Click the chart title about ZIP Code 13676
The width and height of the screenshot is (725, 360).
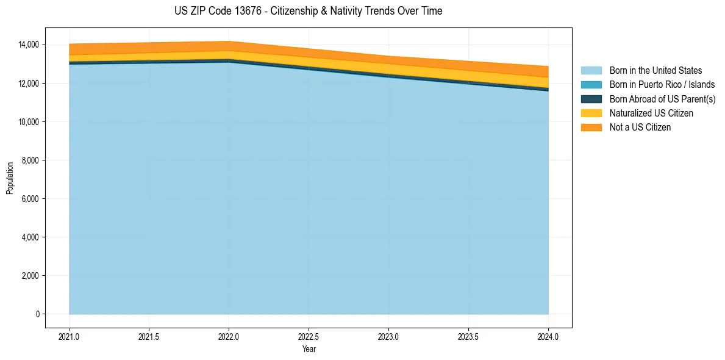point(308,11)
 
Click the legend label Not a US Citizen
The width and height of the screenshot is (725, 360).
point(640,128)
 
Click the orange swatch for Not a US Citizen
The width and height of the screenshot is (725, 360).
point(591,128)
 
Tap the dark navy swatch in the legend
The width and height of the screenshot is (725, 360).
point(591,99)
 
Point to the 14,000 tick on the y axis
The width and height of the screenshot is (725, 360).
point(29,45)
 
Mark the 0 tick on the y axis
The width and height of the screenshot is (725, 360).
point(37,314)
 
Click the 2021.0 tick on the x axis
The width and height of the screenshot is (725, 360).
point(70,336)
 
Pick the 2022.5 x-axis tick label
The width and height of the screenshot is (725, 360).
point(309,336)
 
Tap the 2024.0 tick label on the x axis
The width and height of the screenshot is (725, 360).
point(549,336)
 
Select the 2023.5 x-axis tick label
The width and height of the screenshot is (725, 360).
point(469,336)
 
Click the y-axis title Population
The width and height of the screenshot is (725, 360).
point(10,178)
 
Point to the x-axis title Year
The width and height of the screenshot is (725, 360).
point(309,349)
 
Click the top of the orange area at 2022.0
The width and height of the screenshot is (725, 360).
point(229,41)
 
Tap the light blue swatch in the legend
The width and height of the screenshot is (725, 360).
point(591,71)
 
